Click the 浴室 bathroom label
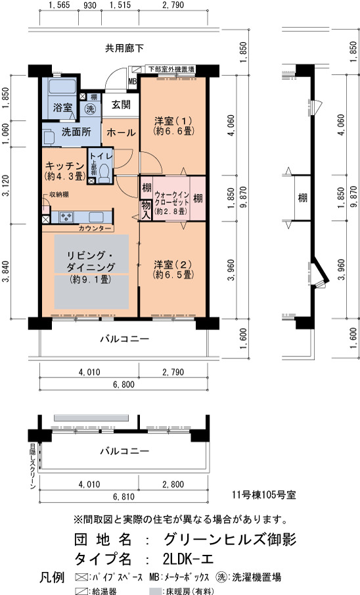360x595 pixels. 62,107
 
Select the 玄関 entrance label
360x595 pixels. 121,105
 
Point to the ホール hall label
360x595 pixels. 121,132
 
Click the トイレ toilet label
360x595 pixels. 101,156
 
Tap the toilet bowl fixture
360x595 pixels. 104,174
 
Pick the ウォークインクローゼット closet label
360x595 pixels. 171,199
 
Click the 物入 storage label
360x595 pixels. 146,210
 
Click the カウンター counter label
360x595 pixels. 95,228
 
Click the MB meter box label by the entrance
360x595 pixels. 133,82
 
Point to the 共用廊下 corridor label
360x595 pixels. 124,49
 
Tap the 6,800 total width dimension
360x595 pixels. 124,385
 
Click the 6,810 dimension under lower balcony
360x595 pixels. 124,497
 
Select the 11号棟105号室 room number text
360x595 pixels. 264,495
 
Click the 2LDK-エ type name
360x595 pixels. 188,559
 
